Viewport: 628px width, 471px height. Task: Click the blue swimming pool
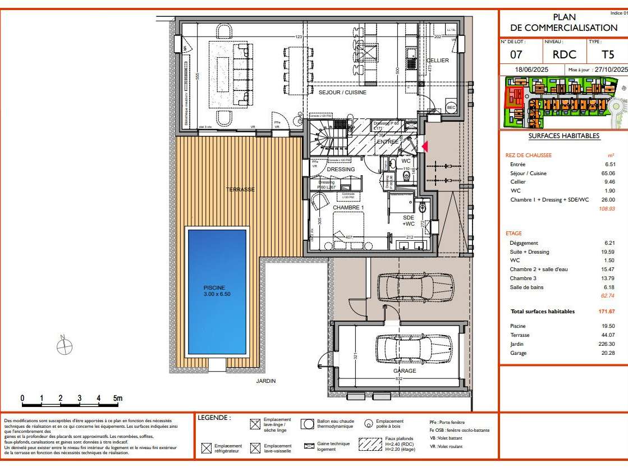(217, 290)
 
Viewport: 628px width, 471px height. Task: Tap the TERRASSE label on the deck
(240, 190)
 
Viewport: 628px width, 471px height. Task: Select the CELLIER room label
(437, 61)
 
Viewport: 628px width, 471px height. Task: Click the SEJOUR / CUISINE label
(342, 93)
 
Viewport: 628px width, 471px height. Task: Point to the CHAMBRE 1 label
(349, 208)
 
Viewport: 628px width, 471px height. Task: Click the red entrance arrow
(425, 147)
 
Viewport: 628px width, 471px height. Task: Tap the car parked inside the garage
(412, 349)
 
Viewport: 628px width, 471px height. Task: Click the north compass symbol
(64, 346)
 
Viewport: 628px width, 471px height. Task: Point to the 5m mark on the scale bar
(117, 399)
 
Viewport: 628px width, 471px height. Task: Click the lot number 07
(516, 55)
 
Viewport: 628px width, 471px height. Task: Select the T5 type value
(593, 55)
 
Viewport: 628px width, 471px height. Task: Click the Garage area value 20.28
(607, 353)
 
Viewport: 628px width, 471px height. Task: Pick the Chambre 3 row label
(522, 278)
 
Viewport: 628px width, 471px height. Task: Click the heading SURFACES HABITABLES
(563, 136)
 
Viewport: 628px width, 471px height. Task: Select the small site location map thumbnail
(563, 101)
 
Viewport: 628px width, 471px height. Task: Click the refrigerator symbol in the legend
(206, 448)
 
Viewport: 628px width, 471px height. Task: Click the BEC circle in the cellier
(451, 107)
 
